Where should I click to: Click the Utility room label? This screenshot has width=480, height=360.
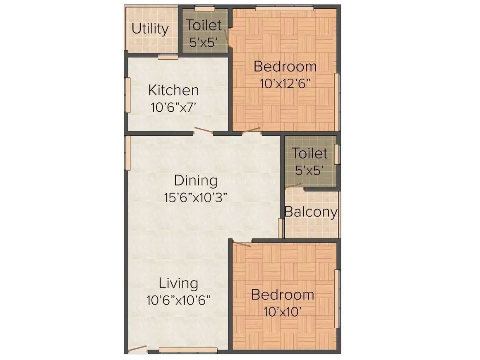[x=150, y=29]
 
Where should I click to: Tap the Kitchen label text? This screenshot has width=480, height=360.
[x=173, y=90]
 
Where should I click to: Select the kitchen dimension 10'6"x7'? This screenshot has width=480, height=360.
[x=173, y=108]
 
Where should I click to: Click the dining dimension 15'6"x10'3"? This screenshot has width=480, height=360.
[x=196, y=197]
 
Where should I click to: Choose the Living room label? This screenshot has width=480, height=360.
[x=178, y=283]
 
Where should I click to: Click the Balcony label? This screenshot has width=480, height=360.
[x=311, y=212]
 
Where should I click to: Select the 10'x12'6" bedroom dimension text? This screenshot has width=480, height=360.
[x=285, y=84]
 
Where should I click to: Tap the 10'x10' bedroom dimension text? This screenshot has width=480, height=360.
[x=282, y=311]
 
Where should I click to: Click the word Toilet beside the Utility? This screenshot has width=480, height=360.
[x=204, y=25]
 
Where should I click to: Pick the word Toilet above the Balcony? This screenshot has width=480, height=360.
[x=310, y=154]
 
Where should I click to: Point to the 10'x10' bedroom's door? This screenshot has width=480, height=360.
[x=242, y=244]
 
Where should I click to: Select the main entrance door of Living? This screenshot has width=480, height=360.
[x=137, y=349]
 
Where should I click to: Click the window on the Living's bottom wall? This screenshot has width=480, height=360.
[x=188, y=350]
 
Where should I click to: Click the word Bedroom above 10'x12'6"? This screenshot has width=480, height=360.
[x=285, y=66]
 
